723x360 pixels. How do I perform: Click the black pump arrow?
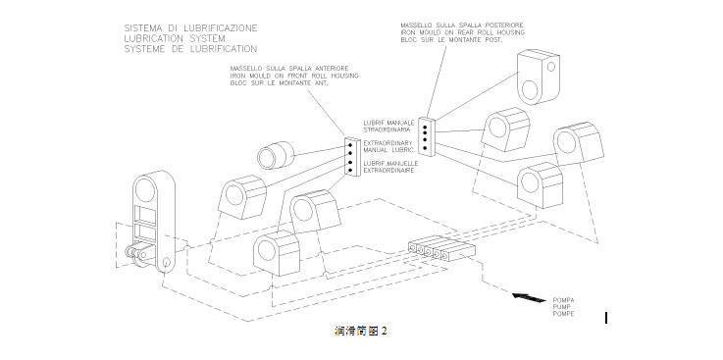530,297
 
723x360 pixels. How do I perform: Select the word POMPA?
563,300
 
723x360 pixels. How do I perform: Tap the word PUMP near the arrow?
561,307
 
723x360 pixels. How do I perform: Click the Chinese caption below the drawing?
361,331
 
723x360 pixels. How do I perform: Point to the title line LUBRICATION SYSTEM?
175,38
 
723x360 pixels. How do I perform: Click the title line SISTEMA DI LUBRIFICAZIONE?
190,28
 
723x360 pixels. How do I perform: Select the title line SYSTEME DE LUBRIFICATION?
190,49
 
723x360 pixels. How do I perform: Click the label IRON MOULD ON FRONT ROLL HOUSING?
294,77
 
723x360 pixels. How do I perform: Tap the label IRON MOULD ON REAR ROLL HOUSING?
462,32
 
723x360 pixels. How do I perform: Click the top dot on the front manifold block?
350,145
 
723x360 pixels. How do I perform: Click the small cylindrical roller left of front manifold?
276,155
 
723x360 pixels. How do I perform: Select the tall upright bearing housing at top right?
539,77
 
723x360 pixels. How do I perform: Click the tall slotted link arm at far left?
154,222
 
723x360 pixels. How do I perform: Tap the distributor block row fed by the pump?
441,249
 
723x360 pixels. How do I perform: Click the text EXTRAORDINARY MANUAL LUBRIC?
389,146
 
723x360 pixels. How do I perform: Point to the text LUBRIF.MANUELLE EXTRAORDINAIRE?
390,167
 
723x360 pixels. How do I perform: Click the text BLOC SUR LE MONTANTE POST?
451,40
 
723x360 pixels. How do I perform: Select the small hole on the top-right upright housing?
551,67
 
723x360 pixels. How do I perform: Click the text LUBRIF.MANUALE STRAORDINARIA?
388,127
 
